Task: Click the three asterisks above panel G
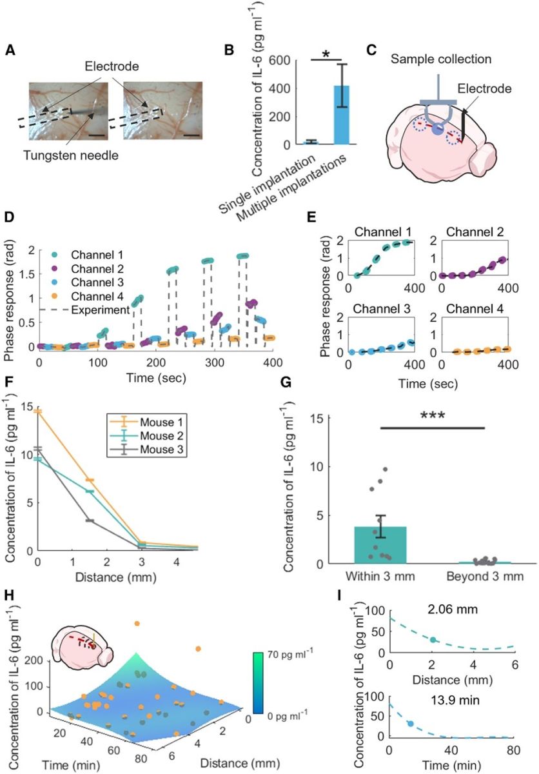pyautogui.click(x=431, y=417)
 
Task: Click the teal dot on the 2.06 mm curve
pyautogui.click(x=433, y=658)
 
